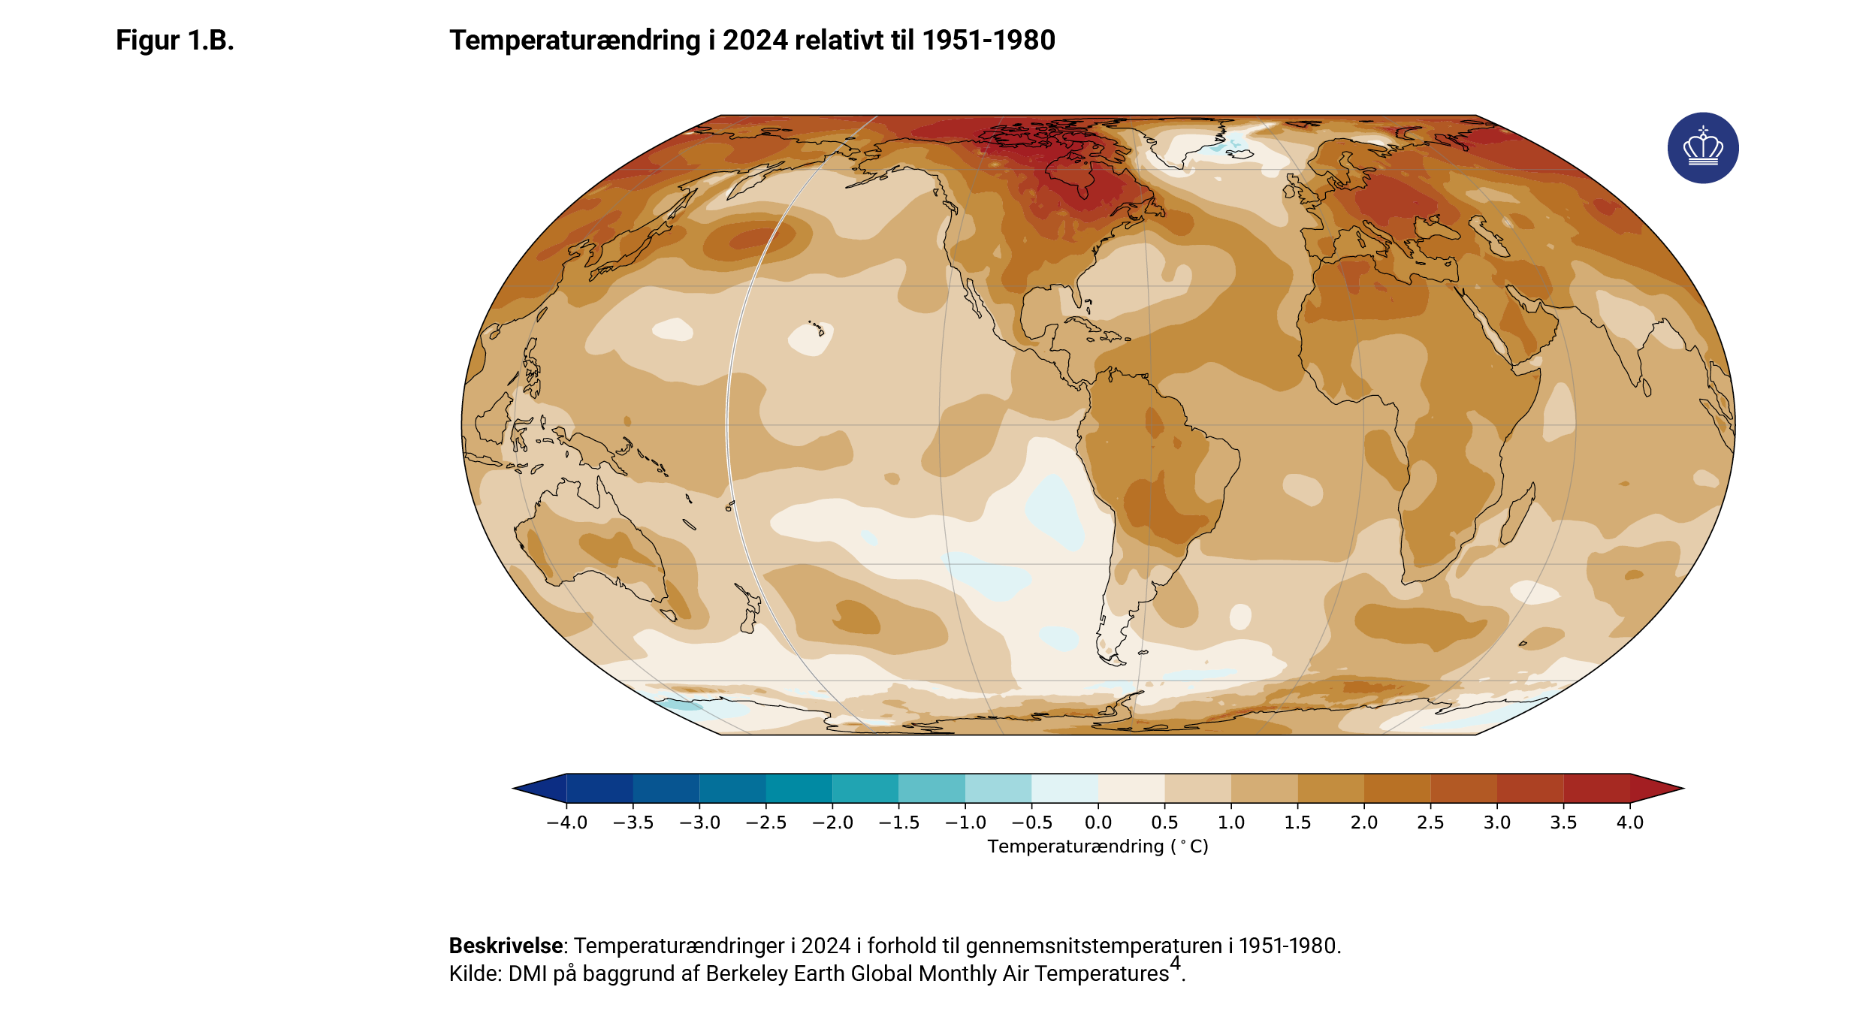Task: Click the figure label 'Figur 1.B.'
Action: click(174, 41)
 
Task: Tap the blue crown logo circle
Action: click(1702, 148)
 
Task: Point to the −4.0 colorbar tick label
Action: click(566, 822)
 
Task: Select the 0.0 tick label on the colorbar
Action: click(1098, 822)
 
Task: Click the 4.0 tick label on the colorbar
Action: click(1629, 822)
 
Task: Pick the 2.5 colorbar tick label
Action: click(1430, 822)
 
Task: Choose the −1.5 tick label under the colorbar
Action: click(898, 822)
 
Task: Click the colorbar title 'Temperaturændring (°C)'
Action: click(1098, 846)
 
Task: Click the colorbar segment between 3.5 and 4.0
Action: click(1596, 789)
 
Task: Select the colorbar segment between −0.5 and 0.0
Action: click(1064, 789)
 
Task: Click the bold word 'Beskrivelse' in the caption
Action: click(506, 946)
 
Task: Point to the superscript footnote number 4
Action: click(1175, 964)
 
